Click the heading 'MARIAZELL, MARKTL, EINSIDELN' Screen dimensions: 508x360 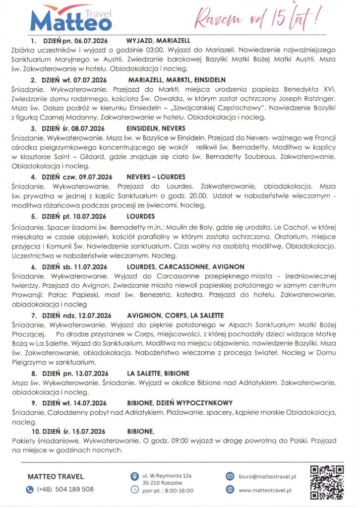177,79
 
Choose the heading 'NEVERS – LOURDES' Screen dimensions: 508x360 156,176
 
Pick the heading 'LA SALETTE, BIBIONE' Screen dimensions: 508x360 158,373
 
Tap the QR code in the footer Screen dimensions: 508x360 326,482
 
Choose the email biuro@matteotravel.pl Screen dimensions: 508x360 267,476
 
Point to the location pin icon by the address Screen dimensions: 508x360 133,476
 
